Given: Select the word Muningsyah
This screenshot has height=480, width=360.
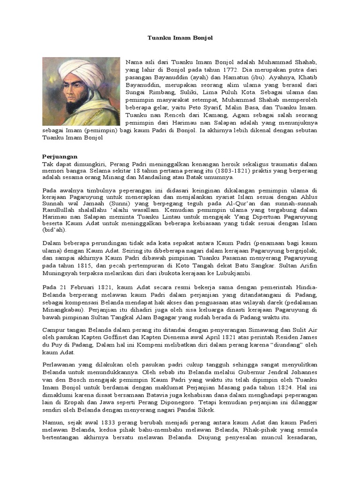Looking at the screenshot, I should click(64, 273).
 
